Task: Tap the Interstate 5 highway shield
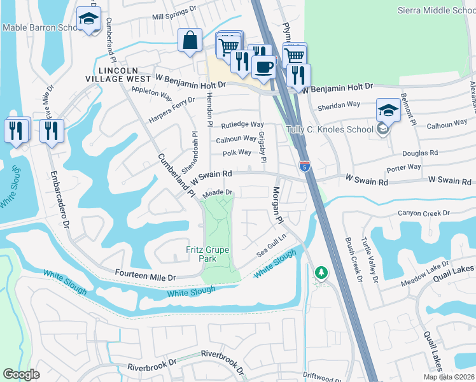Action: pyautogui.click(x=305, y=166)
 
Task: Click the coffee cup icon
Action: pyautogui.click(x=263, y=66)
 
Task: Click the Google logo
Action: pyautogui.click(x=21, y=374)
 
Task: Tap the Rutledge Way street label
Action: pyautogui.click(x=242, y=125)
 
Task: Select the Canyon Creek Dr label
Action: pyautogui.click(x=424, y=213)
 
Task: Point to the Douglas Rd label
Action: pyautogui.click(x=420, y=153)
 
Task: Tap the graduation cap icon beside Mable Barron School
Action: pyautogui.click(x=88, y=19)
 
